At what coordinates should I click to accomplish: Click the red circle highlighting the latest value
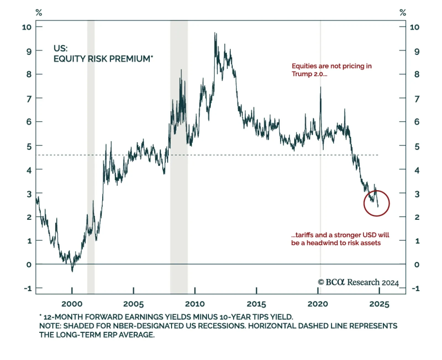[376, 203]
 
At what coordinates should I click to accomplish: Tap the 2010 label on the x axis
[195, 304]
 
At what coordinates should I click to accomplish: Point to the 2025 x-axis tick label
[379, 304]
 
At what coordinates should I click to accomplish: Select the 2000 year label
[72, 304]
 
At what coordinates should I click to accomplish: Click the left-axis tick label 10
[27, 27]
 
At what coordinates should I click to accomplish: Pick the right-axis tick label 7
[417, 99]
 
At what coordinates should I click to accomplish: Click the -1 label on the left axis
[28, 288]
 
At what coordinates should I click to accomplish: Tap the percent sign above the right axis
[402, 12]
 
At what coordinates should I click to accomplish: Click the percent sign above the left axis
[39, 12]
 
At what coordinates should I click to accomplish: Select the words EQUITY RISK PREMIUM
[102, 59]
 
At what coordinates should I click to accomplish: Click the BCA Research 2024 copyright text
[358, 282]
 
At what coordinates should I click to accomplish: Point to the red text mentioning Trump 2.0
[331, 70]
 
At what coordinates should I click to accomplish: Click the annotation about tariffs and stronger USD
[340, 239]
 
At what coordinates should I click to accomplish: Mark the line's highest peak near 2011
[215, 33]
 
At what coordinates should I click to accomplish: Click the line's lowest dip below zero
[72, 271]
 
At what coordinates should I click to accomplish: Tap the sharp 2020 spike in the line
[320, 87]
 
